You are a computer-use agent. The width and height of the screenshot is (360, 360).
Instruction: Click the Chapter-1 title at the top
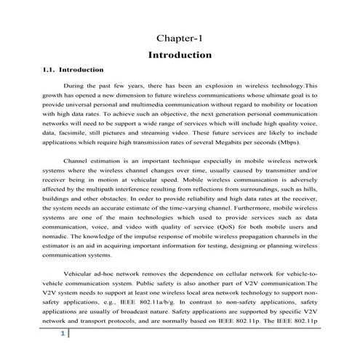coord(179,38)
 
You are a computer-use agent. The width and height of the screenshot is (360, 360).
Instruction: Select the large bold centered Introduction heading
coord(179,55)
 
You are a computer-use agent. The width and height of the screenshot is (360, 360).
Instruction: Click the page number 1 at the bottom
coord(63,334)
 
